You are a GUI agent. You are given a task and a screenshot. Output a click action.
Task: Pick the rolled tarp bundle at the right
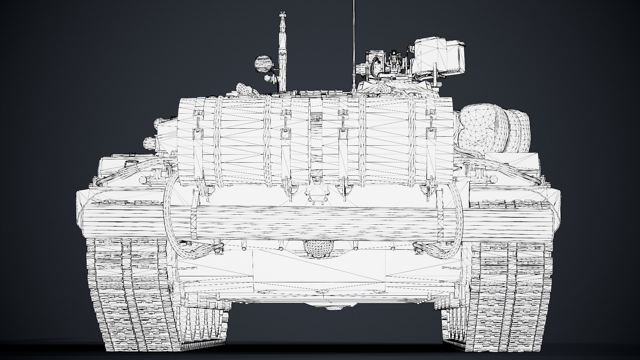pos(493,128)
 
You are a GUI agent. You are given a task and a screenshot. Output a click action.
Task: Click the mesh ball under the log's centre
pos(318,248)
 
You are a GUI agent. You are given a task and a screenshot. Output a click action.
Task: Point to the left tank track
pos(133,293)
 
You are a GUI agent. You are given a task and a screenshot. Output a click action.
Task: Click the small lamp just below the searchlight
pos(268,79)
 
